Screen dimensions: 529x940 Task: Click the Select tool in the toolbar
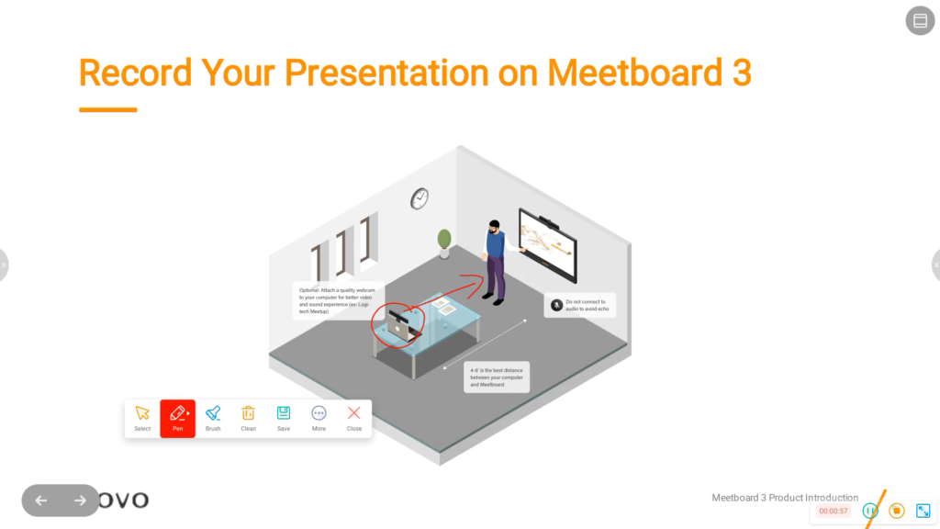coord(142,418)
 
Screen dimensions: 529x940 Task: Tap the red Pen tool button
coord(177,418)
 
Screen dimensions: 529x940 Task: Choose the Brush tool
coord(213,418)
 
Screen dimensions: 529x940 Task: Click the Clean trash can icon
coord(248,418)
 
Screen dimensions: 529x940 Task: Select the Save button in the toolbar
coord(284,418)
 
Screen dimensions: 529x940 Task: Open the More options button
coord(319,418)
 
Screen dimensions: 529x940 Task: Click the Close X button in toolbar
coord(354,418)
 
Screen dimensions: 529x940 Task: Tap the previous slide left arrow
coord(40,501)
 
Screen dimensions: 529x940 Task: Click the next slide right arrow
coord(80,501)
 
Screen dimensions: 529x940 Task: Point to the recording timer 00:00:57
coord(834,511)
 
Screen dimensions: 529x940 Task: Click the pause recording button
coord(870,511)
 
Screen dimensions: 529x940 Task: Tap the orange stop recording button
coord(897,511)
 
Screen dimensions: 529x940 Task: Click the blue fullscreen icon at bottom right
coord(923,511)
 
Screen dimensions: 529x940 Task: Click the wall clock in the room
coord(420,197)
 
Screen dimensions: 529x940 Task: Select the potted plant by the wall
coord(444,241)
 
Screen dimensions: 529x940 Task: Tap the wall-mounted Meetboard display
coord(549,242)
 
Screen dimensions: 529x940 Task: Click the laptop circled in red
coord(399,324)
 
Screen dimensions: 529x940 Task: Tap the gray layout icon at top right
coord(920,21)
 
